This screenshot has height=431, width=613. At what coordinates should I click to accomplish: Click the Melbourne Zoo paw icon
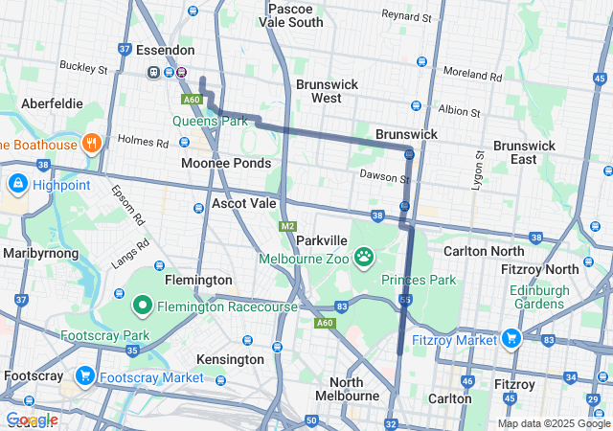point(364,257)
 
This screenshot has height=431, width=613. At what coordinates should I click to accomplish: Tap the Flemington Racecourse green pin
point(143,306)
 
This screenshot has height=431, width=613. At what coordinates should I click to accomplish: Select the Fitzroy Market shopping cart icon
point(510,338)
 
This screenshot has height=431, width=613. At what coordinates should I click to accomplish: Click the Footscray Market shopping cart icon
point(85,375)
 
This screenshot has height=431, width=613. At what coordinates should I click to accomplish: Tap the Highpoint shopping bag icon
point(17,183)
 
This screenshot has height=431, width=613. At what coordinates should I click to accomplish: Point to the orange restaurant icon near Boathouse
point(92,145)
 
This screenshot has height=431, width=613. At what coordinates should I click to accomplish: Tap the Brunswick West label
point(327,91)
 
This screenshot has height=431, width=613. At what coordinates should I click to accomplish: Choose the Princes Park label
point(419,280)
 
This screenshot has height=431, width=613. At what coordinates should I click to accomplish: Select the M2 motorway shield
point(287,226)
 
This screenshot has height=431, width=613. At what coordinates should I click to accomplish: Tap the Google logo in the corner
point(31,420)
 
